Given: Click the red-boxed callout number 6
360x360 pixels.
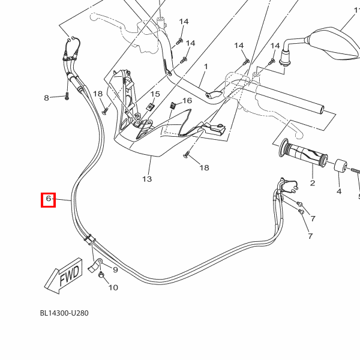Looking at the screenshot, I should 48,199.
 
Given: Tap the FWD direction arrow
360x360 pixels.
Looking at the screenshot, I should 62,275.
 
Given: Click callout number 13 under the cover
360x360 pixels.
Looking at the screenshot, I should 147,179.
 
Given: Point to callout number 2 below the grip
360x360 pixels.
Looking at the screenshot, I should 312,183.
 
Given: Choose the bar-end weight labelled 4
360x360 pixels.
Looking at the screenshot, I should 340,166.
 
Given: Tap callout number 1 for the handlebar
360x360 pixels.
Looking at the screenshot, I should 205,67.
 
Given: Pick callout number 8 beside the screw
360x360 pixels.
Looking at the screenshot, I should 46,98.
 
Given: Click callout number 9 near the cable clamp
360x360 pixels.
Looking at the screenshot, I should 115,269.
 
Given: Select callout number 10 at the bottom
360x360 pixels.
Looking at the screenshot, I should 113,287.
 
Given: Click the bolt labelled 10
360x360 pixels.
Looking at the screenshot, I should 101,275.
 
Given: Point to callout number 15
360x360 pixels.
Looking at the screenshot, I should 155,94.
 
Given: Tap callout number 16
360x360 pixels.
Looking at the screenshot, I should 187,100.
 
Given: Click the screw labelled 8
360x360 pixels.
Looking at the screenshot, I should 67,96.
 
